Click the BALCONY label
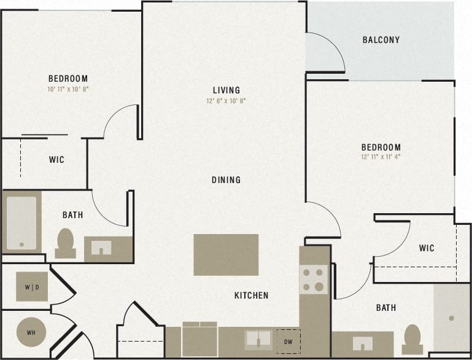click(381, 40)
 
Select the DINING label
click(226, 180)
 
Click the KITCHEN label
click(251, 295)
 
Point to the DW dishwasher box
click(287, 341)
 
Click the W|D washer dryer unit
click(31, 286)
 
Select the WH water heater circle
click(31, 333)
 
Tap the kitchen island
click(226, 254)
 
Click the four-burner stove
click(313, 280)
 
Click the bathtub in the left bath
click(21, 222)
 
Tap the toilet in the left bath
click(65, 243)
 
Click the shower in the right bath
click(451, 318)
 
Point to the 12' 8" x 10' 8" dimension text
click(226, 101)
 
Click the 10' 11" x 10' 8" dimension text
click(68, 89)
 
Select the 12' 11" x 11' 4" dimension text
click(381, 157)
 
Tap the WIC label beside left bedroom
click(56, 160)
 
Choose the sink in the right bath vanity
click(362, 343)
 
